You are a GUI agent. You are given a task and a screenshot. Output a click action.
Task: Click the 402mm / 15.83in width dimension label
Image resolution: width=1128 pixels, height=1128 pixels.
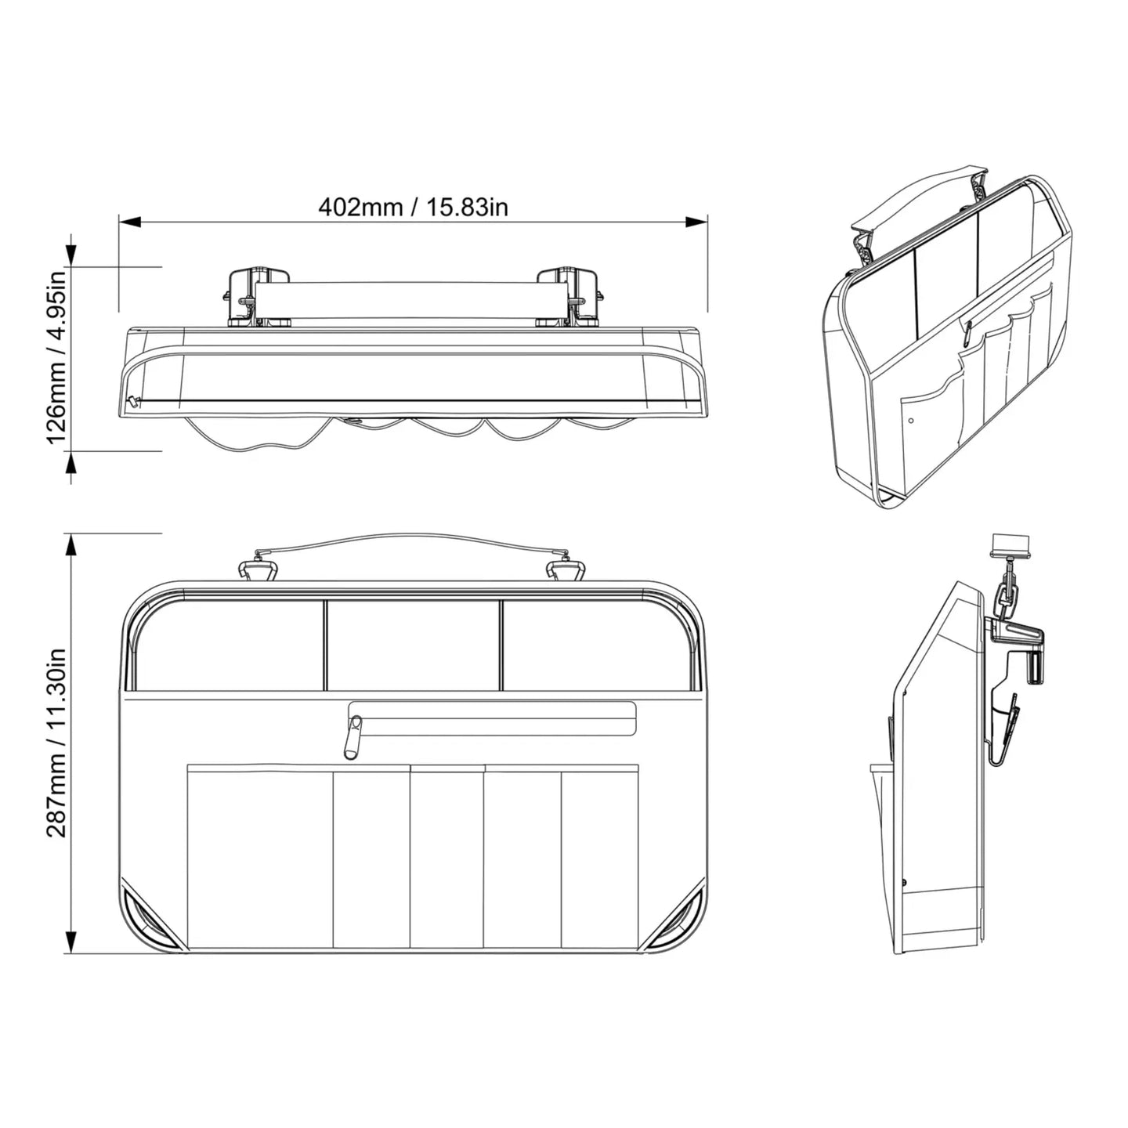coord(413,208)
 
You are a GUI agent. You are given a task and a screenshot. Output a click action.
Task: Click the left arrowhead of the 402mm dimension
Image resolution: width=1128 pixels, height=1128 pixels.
coord(130,222)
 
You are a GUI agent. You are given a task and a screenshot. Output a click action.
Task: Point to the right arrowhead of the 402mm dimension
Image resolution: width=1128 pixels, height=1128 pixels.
coord(696,222)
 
